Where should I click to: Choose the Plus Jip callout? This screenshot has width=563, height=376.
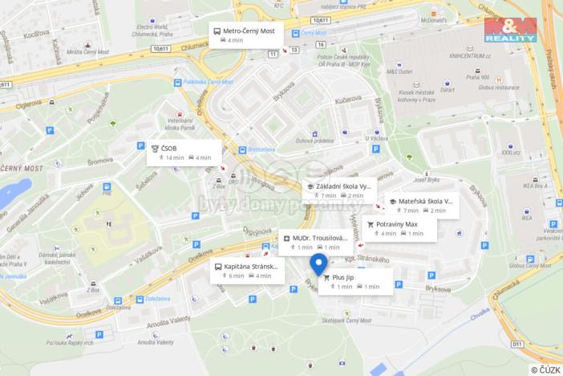click(x=355, y=281)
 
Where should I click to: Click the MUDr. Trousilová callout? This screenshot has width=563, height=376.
click(x=315, y=243)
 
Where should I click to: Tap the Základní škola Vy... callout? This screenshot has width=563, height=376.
click(x=338, y=190)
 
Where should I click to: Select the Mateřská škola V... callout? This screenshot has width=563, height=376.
click(x=421, y=206)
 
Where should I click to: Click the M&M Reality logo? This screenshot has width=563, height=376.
click(x=511, y=30)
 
